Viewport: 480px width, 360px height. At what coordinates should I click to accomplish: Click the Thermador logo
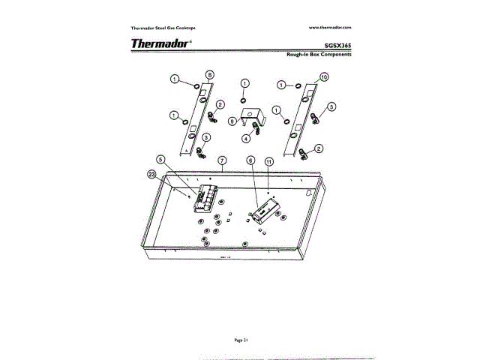160,43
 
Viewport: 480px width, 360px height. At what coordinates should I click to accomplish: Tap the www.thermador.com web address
330,27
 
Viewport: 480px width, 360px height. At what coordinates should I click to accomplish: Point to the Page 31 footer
240,340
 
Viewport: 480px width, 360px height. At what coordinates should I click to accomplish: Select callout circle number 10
324,77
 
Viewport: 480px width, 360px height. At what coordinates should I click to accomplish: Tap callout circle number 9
232,121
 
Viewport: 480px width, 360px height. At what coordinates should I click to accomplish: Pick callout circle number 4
245,139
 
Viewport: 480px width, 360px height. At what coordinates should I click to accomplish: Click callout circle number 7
222,160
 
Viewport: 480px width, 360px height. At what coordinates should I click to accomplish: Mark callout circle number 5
160,160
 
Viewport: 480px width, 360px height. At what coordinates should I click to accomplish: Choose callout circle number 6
250,160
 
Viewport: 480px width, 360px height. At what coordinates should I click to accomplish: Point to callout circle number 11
268,160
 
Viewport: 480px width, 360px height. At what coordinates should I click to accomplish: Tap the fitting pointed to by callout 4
257,130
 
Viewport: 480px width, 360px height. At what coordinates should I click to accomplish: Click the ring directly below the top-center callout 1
245,100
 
